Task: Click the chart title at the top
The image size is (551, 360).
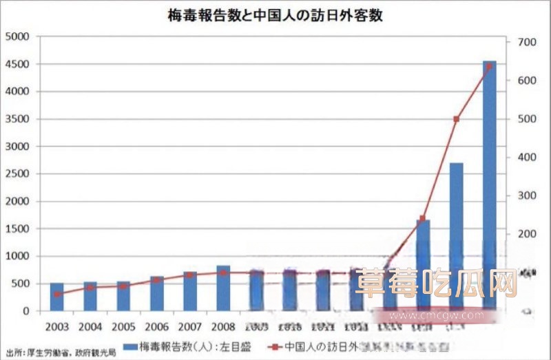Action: point(275,15)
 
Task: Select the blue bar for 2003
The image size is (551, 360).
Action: point(56,297)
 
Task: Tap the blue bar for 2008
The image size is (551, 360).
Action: point(223,288)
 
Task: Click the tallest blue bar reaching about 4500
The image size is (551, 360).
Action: point(489,186)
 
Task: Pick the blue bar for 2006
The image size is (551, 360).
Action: point(157,294)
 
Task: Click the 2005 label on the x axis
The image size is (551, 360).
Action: point(123,324)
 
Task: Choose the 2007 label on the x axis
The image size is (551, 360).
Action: point(190,324)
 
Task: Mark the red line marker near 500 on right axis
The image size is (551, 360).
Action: point(456,119)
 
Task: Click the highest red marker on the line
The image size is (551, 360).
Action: point(489,66)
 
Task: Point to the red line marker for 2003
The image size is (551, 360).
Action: point(57,294)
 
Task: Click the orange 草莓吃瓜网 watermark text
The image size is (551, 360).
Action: point(436,282)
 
